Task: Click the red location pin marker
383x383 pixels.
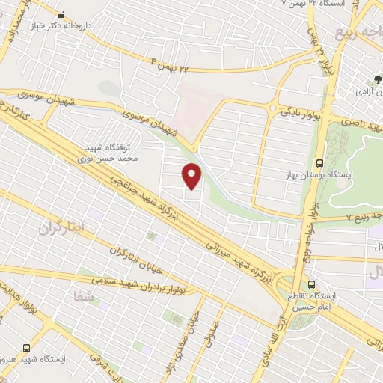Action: click(x=192, y=176)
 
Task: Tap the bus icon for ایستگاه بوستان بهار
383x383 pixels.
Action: click(x=320, y=162)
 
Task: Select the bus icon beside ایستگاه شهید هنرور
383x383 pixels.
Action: click(x=27, y=348)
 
